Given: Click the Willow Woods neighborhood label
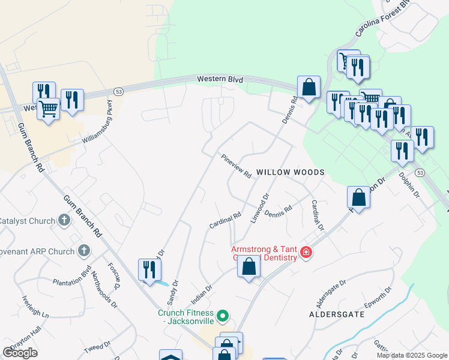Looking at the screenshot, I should click(291, 172).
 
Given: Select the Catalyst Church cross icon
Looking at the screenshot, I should click(65, 221).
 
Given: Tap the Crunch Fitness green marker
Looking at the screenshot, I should click(223, 315).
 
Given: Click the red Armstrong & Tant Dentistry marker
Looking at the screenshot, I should click(306, 252).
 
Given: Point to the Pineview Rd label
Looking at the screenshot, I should click(236, 166).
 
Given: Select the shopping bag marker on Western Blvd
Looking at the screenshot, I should click(309, 87).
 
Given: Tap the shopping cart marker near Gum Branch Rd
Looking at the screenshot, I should click(49, 109).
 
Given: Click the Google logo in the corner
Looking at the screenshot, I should click(20, 353).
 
